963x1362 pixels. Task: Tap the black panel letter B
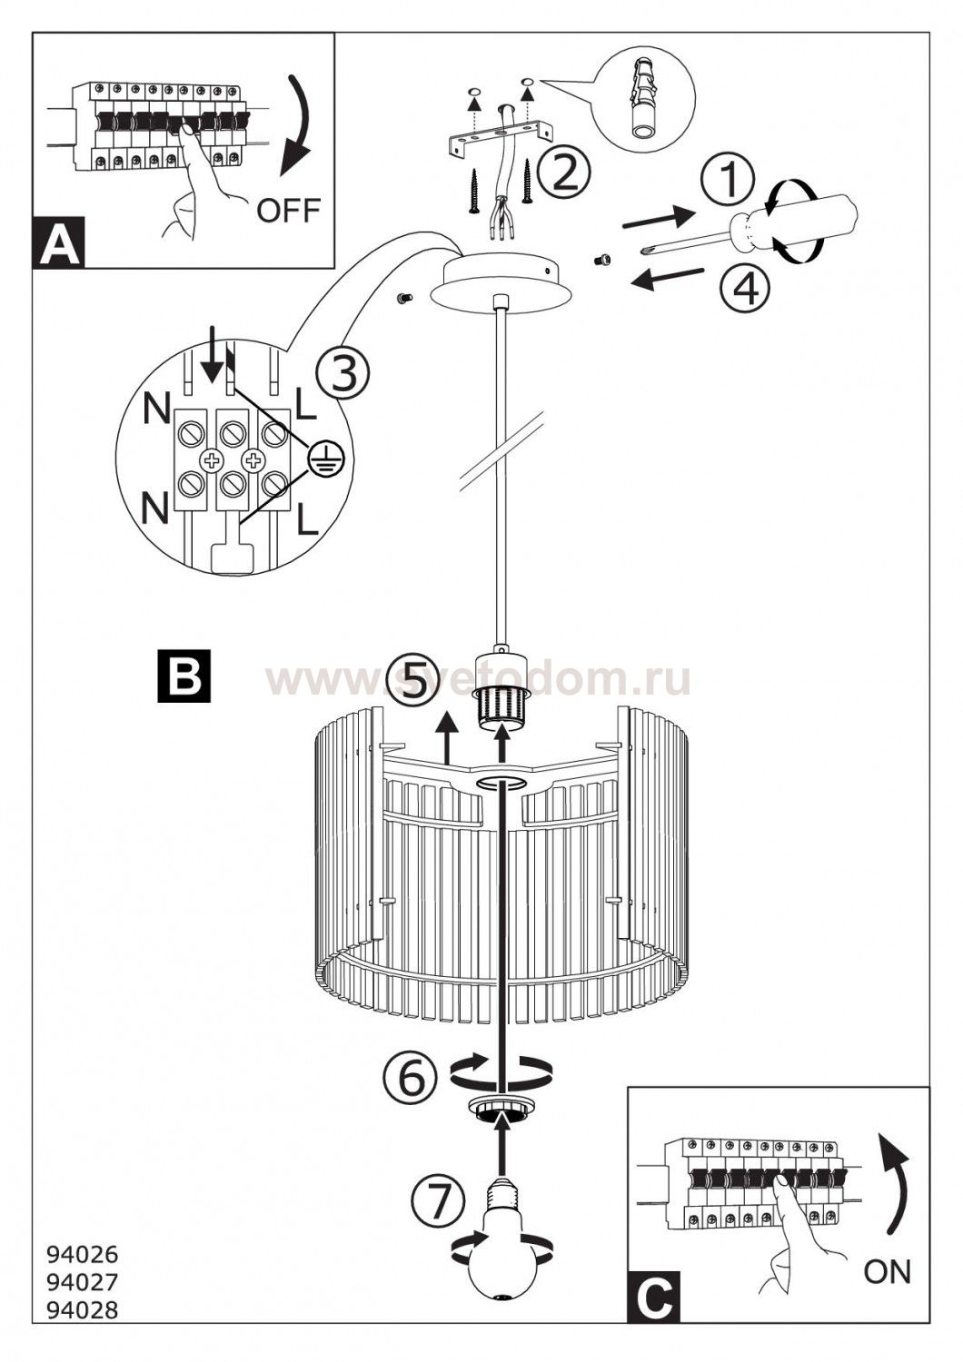(x=184, y=676)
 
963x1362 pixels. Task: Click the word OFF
(x=288, y=210)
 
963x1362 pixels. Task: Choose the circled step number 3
(x=342, y=374)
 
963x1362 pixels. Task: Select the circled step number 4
(x=744, y=287)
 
